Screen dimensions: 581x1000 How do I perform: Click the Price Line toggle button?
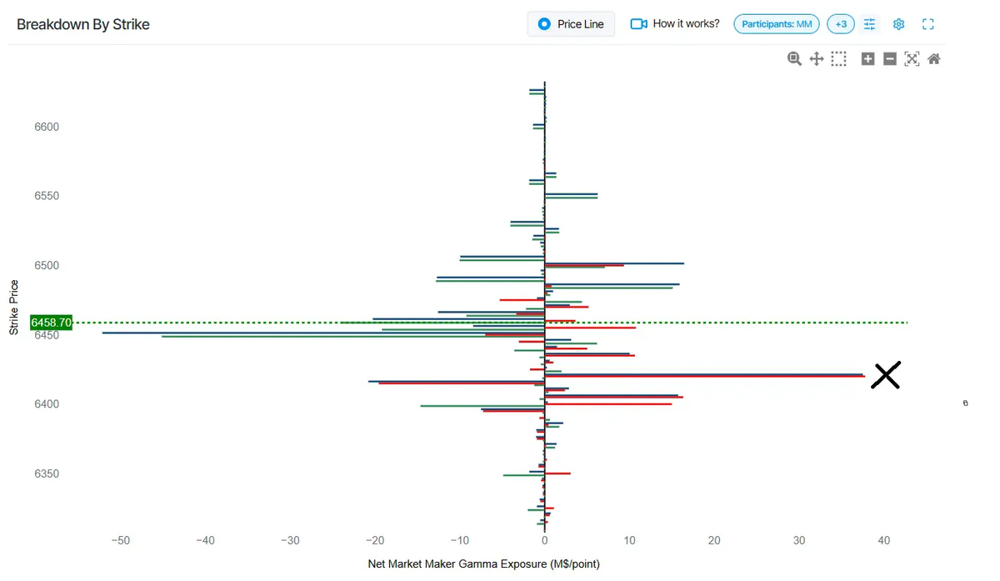[x=571, y=24]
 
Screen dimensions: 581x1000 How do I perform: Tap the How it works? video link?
[x=675, y=24]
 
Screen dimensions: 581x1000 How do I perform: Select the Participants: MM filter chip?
[x=777, y=24]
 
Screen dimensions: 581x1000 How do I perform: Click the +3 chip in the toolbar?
[x=841, y=24]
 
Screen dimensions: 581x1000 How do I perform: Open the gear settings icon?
[x=898, y=24]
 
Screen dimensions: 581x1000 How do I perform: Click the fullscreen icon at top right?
[x=927, y=24]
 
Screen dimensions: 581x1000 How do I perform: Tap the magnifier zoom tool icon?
[x=794, y=58]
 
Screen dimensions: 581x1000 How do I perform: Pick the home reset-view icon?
[x=934, y=58]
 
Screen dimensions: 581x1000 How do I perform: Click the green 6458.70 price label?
[x=52, y=322]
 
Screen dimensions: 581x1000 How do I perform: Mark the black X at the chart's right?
[x=886, y=375]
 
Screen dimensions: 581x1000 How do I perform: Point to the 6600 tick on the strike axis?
[x=47, y=127]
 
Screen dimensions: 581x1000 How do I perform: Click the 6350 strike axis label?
[x=47, y=473]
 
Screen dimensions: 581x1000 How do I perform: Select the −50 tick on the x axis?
[x=121, y=540]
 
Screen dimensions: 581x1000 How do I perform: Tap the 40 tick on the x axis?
[x=884, y=540]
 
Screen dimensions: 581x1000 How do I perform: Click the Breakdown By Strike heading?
[x=83, y=24]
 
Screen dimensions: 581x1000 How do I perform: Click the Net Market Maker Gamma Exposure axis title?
[x=483, y=564]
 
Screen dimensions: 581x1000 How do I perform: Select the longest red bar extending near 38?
[x=708, y=377]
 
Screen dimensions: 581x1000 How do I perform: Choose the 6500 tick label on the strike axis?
[x=47, y=265]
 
